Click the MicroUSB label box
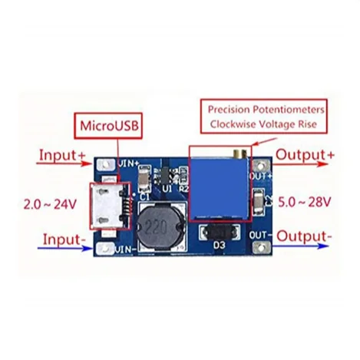tap(108, 126)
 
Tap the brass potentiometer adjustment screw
tap(239, 153)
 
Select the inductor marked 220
tap(160, 226)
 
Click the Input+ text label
tap(62, 155)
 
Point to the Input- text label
tap(64, 239)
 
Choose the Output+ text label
tap(305, 155)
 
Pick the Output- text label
tap(304, 236)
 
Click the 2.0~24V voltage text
tap(50, 204)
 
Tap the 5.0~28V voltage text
tap(305, 202)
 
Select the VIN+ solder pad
tap(106, 164)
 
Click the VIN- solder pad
tap(105, 249)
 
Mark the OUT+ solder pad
tap(261, 166)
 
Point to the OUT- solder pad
tap(261, 247)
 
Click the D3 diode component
tap(220, 232)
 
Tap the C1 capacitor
tap(144, 179)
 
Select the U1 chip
tap(165, 176)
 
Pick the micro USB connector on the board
tap(108, 206)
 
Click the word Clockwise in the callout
tap(233, 124)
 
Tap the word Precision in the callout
tap(229, 110)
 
